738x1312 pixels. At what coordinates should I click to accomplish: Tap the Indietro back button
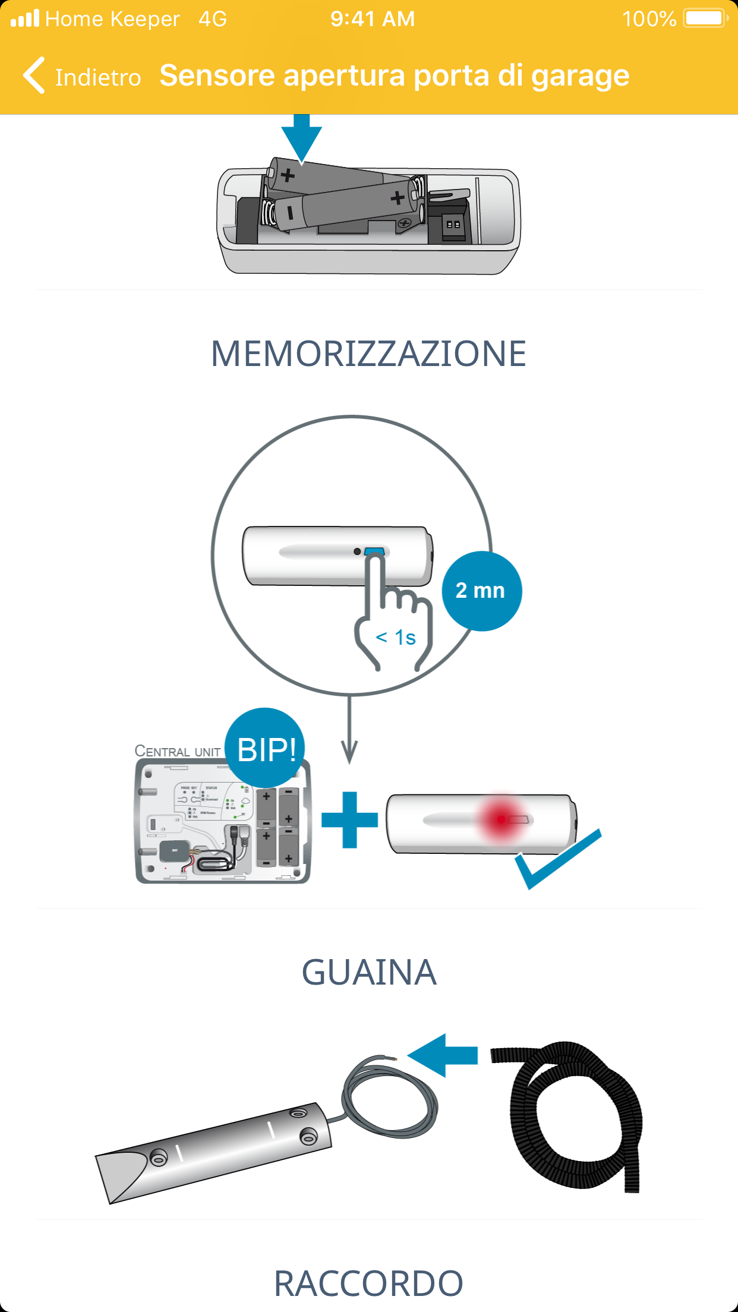coord(82,77)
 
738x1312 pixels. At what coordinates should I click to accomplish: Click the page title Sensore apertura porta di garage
coord(394,76)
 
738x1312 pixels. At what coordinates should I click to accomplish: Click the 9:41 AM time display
coord(373,18)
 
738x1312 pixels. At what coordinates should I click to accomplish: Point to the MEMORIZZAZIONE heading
coord(368,354)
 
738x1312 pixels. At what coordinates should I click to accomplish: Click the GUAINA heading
coord(368,973)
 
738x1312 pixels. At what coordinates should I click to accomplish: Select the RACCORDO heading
coord(368,1283)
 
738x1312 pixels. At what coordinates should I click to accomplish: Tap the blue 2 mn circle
coord(481,591)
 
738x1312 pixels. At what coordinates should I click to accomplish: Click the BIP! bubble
coord(266,749)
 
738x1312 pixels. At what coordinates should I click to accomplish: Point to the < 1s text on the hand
coord(396,638)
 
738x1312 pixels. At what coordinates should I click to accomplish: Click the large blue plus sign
coord(350,820)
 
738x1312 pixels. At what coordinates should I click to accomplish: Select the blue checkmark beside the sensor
coord(556,860)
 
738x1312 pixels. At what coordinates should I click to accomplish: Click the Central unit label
coord(177,751)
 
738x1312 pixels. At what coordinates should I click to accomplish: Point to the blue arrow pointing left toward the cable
coord(443,1055)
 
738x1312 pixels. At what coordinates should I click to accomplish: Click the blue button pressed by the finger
coord(374,551)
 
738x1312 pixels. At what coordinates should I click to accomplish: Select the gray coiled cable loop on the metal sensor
coord(389,1099)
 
